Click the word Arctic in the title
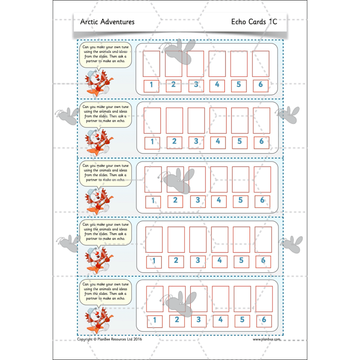click(89, 22)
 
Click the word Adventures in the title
click(117, 22)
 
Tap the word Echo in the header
click(241, 22)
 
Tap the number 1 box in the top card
click(152, 85)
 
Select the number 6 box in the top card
click(260, 85)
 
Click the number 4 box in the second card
click(218, 142)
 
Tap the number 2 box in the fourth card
click(176, 261)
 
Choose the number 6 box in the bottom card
click(264, 320)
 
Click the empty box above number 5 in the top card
click(238, 63)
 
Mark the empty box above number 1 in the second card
click(153, 121)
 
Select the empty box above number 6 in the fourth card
click(263, 239)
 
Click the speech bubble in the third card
click(105, 173)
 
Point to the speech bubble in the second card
click(105, 113)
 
